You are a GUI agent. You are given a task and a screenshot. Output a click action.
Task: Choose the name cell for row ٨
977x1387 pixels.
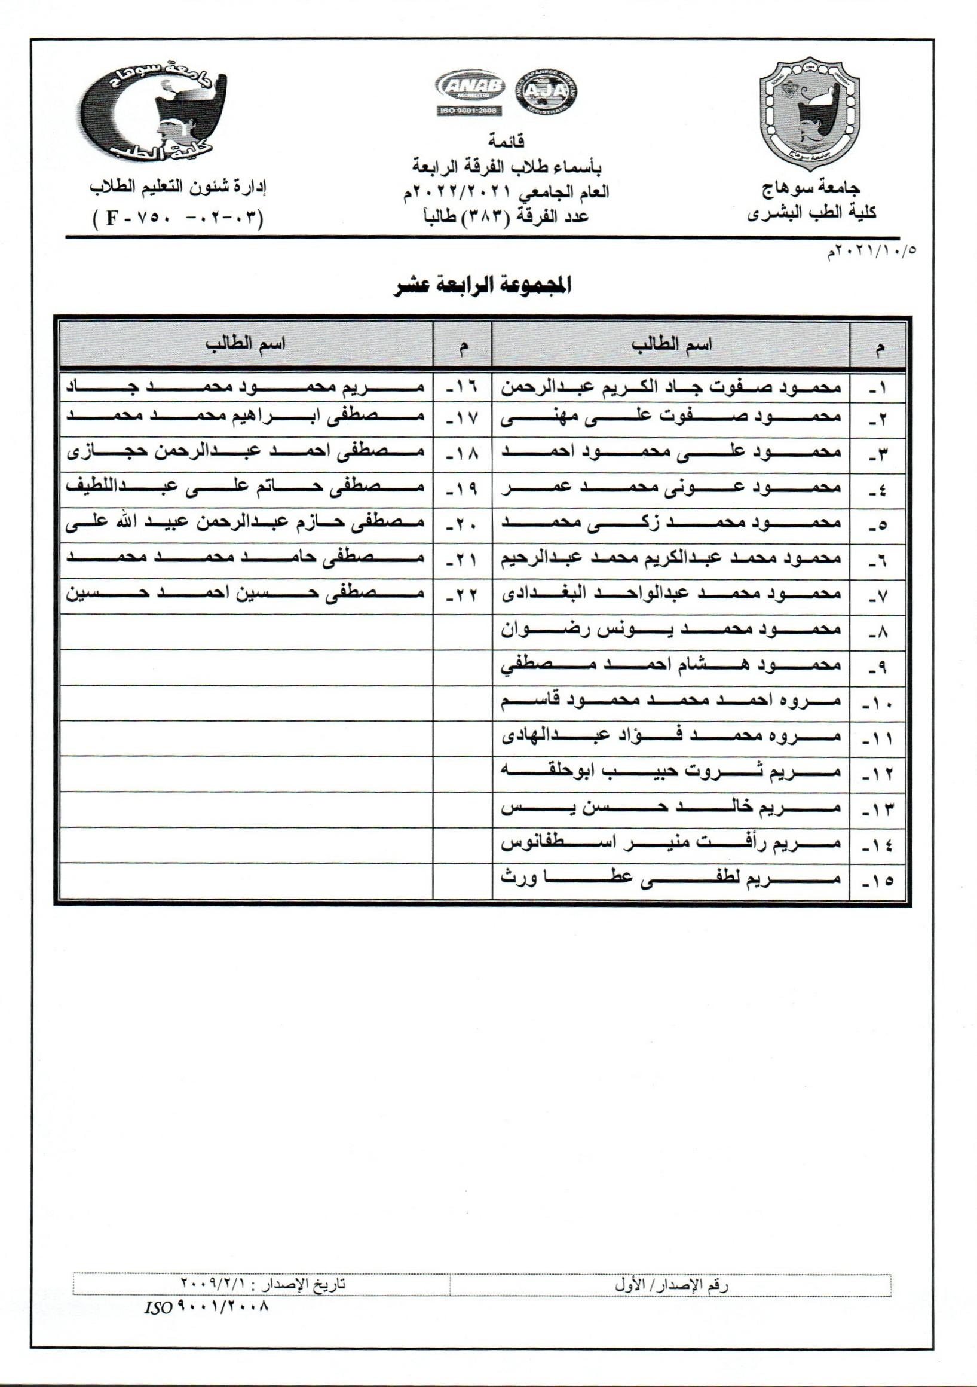(670, 631)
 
